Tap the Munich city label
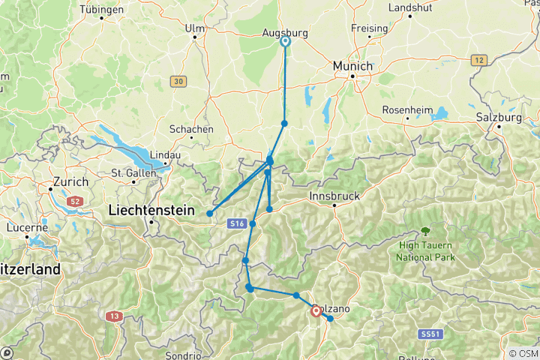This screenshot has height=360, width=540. click(x=352, y=66)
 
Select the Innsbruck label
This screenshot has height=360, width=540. click(x=334, y=196)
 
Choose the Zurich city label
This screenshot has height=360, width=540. click(x=70, y=181)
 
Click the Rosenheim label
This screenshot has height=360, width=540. click(x=408, y=110)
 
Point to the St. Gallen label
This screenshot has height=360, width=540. click(x=133, y=172)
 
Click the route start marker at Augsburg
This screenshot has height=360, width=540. click(x=285, y=42)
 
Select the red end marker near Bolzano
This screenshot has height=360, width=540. click(x=316, y=310)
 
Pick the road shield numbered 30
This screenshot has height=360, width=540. click(x=177, y=81)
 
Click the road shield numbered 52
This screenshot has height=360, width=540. click(x=74, y=202)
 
